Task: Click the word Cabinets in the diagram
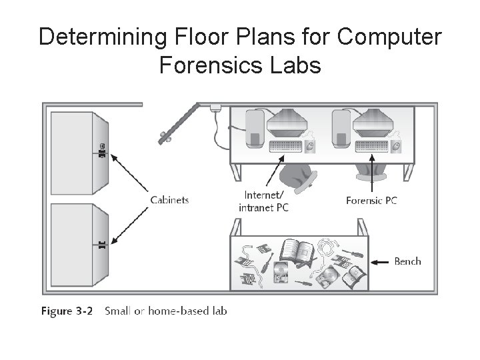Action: (169, 199)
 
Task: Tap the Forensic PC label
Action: (372, 199)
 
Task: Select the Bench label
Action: (407, 261)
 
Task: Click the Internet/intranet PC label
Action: (263, 201)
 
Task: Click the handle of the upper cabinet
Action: (103, 151)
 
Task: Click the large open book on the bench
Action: (295, 251)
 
